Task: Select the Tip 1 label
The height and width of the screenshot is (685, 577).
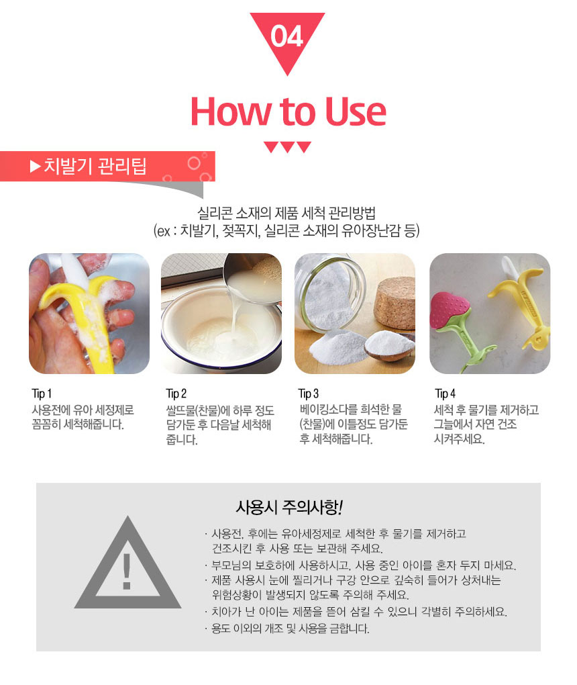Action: point(42,394)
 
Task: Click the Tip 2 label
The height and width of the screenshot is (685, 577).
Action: point(176,394)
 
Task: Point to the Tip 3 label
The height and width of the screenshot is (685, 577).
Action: point(309,394)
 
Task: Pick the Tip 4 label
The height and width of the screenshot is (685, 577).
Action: point(445,394)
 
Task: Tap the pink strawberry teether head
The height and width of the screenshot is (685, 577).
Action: point(450,310)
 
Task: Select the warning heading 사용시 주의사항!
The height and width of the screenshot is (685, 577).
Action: point(289,507)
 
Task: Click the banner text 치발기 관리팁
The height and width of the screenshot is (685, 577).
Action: point(95,166)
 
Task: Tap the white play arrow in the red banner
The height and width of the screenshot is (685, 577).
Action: point(35,167)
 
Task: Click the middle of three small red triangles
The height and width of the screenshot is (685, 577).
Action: point(287,147)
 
